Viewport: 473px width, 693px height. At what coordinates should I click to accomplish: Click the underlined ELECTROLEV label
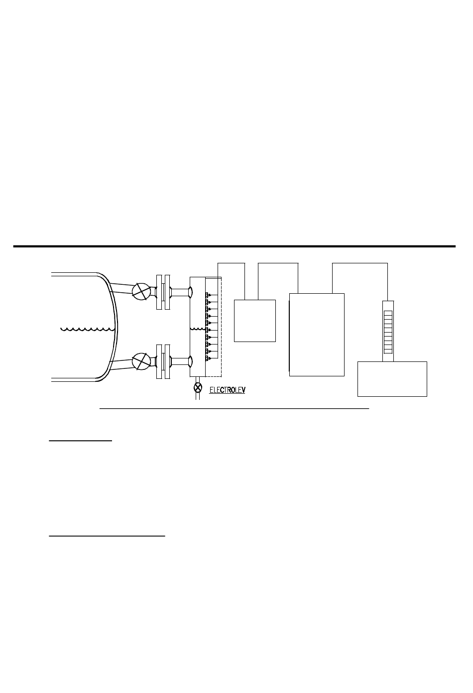[228, 390]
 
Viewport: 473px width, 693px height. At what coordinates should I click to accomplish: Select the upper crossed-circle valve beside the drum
[141, 291]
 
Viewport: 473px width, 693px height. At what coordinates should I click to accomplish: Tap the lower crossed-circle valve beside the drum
[141, 361]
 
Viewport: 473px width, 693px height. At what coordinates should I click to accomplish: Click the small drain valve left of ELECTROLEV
[198, 387]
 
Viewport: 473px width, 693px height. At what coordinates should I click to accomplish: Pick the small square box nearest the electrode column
[255, 321]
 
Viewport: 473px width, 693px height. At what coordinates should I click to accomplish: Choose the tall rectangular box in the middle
[317, 335]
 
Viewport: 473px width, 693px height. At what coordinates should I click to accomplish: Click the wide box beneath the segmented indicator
[392, 379]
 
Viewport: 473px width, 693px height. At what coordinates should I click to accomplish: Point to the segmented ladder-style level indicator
[388, 332]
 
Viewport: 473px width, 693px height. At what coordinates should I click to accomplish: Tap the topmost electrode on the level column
[208, 295]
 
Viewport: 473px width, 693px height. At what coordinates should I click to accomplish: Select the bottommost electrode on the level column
[208, 358]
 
